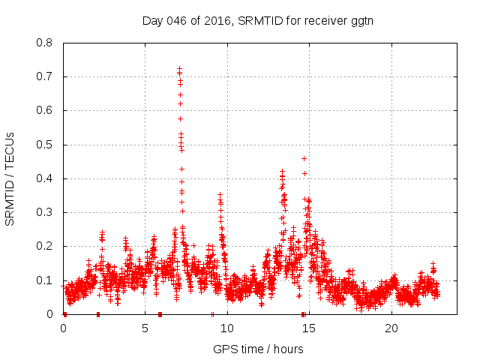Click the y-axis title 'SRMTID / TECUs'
point(10,178)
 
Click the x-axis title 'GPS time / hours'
point(258,349)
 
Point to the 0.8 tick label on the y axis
point(45,43)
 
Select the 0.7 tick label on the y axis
point(45,76)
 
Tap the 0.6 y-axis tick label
point(45,110)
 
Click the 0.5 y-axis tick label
point(45,145)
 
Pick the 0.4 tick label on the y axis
point(45,178)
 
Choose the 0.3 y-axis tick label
point(45,212)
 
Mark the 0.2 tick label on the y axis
point(45,246)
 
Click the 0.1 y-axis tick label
point(45,280)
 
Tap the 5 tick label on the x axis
point(145,328)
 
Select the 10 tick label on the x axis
point(227,328)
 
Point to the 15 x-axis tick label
point(309,328)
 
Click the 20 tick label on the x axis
point(391,328)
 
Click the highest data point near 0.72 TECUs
point(180,69)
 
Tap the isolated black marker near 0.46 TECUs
point(304,158)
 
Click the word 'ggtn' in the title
point(361,20)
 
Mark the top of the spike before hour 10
point(220,195)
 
